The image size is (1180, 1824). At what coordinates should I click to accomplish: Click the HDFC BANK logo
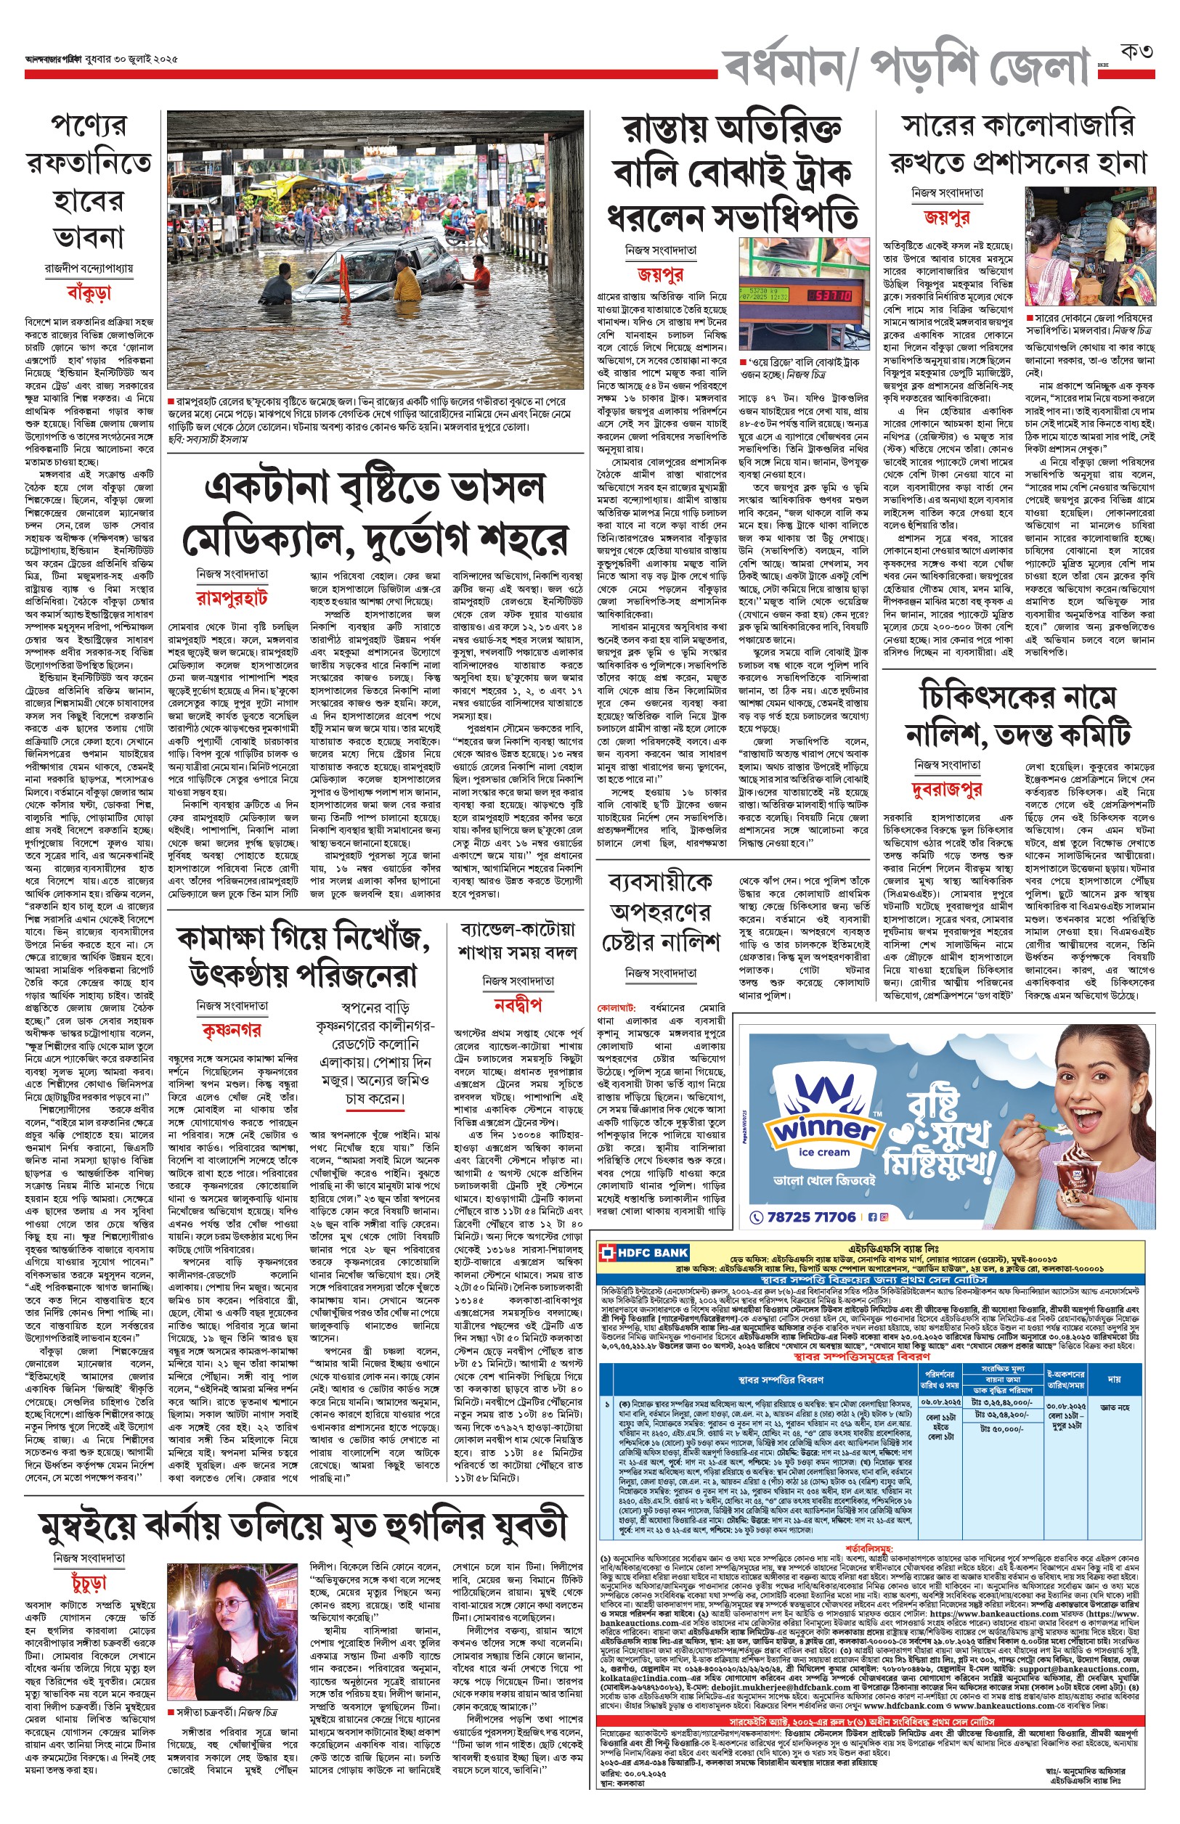click(x=645, y=1253)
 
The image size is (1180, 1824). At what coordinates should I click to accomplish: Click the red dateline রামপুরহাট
click(x=232, y=597)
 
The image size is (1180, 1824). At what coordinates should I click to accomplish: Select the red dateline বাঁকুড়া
click(x=89, y=292)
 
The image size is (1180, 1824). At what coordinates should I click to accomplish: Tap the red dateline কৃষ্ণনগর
click(x=232, y=1030)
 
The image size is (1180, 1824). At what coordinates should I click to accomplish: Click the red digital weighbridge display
click(x=830, y=295)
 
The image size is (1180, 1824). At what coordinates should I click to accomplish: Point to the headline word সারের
click(x=939, y=126)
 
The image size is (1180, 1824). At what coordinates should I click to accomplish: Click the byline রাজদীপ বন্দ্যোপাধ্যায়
click(x=89, y=268)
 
